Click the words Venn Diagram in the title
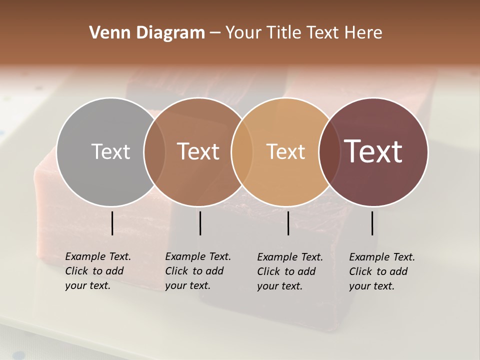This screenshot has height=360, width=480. coord(147,33)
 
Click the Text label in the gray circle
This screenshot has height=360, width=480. coord(110,151)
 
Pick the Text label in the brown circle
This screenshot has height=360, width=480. coord(198,151)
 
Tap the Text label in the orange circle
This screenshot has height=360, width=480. coord(285,151)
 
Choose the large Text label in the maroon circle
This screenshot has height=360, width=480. coord(373,151)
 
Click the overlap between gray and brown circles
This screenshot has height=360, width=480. coord(154,151)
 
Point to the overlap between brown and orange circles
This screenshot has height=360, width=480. coord(242,151)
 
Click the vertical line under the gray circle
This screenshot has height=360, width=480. coord(112,223)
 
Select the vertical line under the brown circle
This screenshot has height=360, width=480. coord(200,223)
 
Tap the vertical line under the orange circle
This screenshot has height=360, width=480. coord(288,223)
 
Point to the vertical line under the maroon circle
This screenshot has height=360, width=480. coord(372,223)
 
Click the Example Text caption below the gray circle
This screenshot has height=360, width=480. coord(98,271)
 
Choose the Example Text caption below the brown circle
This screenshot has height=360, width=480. coord(198,271)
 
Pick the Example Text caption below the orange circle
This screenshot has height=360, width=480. coord(290,271)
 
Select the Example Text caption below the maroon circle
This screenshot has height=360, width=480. coord(382,271)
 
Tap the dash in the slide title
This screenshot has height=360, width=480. coord(215,33)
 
